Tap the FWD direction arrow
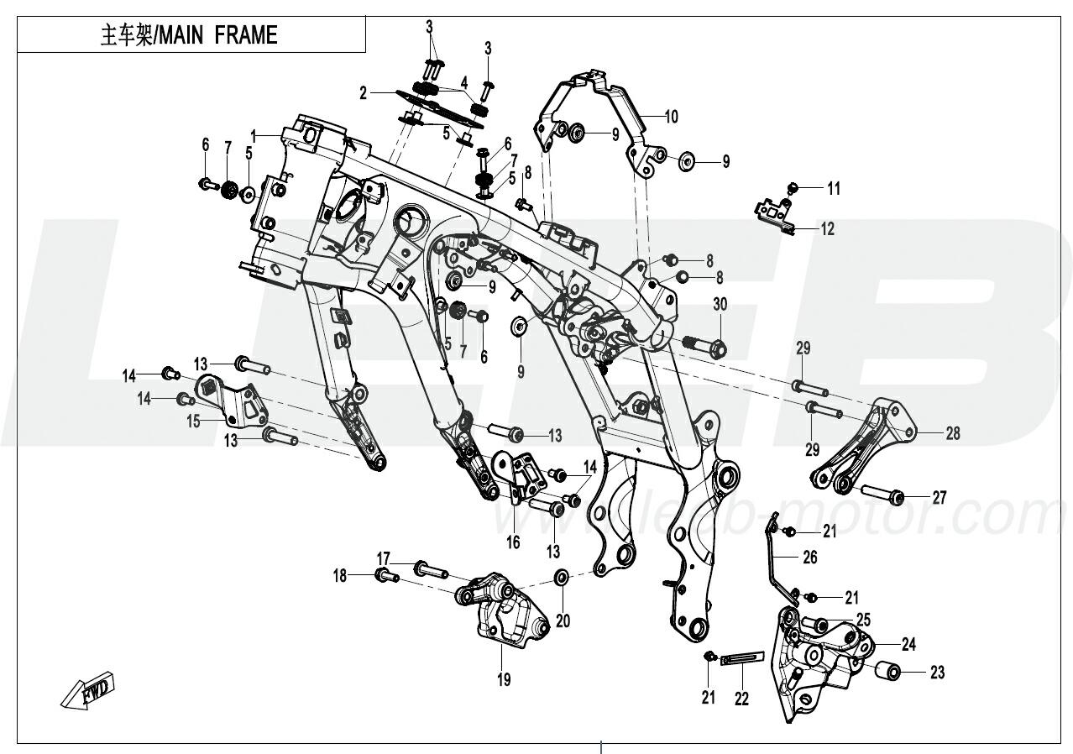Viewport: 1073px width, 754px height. click(x=88, y=690)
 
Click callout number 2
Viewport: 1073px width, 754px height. click(x=363, y=93)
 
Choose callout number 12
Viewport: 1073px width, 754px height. click(x=827, y=228)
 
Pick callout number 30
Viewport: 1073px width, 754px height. click(x=720, y=304)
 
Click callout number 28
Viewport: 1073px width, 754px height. click(x=952, y=433)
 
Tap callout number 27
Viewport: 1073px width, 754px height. click(x=939, y=498)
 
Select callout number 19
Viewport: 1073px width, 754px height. click(x=503, y=679)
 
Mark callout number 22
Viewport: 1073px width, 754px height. click(x=741, y=697)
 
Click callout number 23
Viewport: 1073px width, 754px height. click(x=937, y=673)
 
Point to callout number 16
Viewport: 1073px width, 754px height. click(x=513, y=542)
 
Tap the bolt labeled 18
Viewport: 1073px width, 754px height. click(x=385, y=575)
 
